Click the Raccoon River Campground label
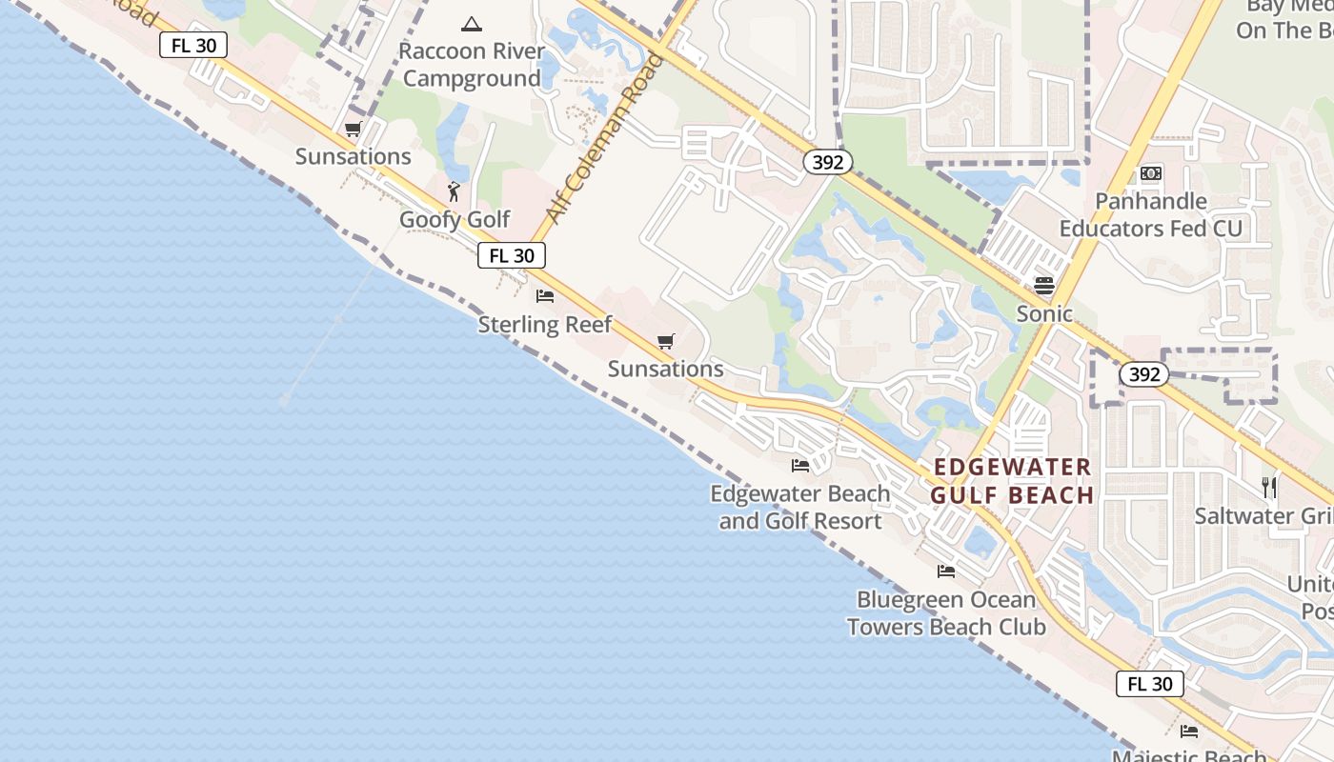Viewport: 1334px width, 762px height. tap(472, 65)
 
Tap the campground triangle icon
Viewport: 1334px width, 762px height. tap(471, 24)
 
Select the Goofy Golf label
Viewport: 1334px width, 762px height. tap(455, 219)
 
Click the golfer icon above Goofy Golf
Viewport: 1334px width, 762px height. tap(454, 191)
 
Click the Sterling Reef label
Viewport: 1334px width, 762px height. tap(545, 324)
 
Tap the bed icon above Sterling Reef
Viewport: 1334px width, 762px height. tap(545, 296)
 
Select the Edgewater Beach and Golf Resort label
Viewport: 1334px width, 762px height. tap(800, 507)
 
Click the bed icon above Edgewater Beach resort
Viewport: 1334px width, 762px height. tap(800, 466)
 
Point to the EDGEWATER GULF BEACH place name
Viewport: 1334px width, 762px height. tap(1012, 481)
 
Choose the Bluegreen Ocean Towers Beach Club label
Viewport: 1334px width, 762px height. tap(946, 612)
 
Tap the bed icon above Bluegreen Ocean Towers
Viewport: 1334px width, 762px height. tap(946, 571)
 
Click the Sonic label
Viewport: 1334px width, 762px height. tap(1044, 313)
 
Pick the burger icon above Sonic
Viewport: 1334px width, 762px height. tap(1044, 286)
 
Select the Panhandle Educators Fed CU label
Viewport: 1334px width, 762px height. tap(1151, 214)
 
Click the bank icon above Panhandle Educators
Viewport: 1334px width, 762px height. tap(1151, 173)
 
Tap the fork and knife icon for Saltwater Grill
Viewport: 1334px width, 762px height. tap(1269, 488)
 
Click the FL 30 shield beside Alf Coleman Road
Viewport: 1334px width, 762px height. tap(512, 255)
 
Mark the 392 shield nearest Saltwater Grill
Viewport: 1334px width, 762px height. tap(1143, 374)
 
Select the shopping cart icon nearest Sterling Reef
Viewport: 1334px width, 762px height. tap(666, 341)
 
